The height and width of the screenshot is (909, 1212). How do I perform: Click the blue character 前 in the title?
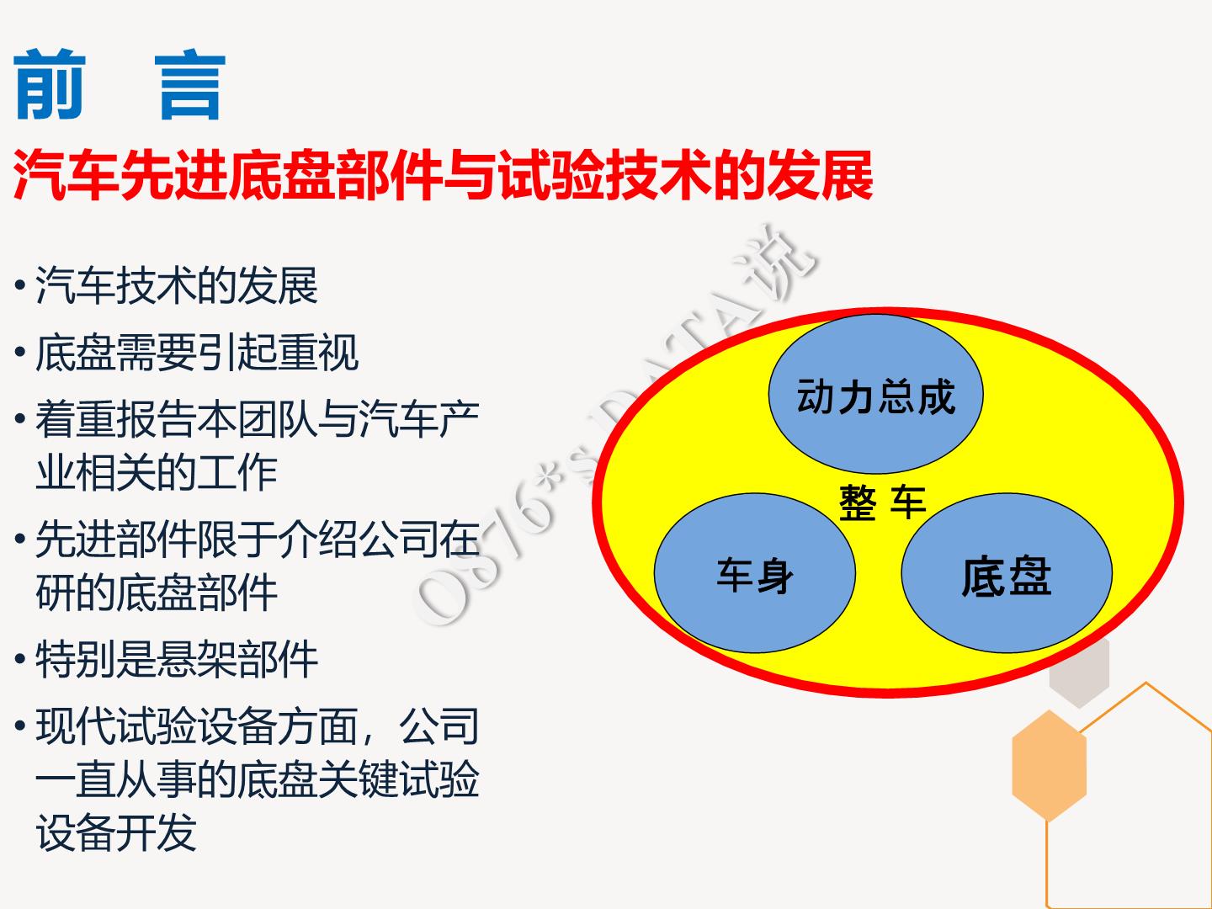coord(50,84)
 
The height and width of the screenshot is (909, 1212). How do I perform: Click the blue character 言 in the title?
coord(190,86)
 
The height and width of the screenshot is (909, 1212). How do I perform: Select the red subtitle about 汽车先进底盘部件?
coord(443,176)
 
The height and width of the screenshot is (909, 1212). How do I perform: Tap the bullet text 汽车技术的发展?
coord(177,285)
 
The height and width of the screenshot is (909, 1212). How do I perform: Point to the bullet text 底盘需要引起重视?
coord(197,352)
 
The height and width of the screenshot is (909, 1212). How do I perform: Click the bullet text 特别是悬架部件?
coord(177,660)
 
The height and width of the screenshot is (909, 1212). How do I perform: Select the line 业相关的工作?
coord(157,472)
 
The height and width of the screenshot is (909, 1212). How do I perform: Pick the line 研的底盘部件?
coord(157,593)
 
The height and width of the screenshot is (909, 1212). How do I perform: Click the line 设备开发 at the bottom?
coord(116,832)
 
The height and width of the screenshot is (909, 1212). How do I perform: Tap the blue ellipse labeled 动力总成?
coord(875,394)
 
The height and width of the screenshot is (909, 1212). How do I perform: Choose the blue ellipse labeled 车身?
coord(755,573)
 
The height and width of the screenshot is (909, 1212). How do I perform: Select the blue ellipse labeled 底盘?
coord(1007,573)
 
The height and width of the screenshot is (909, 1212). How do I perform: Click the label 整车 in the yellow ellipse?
coord(882,502)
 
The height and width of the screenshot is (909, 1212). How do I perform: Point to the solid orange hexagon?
coord(1049,766)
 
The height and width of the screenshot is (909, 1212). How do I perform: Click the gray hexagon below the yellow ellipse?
coord(1080,673)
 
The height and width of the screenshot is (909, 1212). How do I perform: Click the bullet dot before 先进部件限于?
coord(20,538)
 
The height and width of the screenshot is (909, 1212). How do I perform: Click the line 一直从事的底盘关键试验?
coord(258,779)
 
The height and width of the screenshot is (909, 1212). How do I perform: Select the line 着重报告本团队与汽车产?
coord(258,419)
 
